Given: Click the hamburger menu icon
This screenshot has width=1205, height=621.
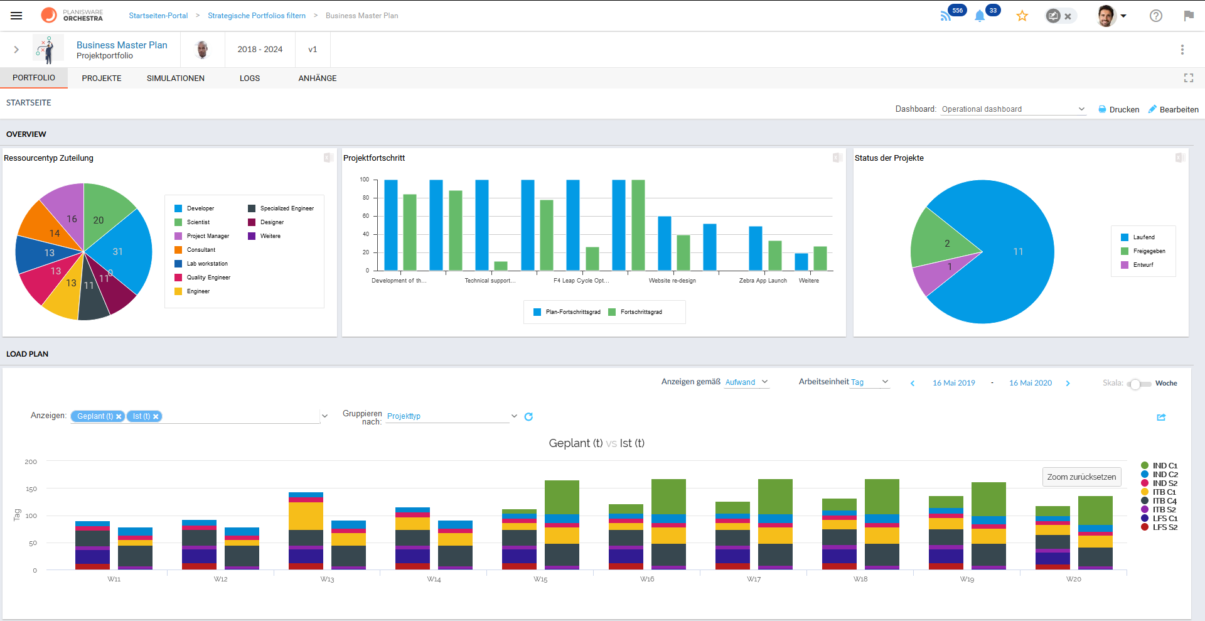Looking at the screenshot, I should [16, 16].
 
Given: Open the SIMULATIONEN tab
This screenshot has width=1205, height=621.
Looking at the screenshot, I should [175, 78].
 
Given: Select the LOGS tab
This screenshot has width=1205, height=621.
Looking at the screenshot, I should [249, 78].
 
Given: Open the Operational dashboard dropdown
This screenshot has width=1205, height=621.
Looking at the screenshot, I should [1012, 109].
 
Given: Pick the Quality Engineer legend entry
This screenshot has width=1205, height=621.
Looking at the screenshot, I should [208, 278].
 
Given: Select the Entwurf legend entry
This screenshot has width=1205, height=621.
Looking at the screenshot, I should [1143, 265].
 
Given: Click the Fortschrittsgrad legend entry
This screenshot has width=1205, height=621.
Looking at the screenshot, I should [641, 312].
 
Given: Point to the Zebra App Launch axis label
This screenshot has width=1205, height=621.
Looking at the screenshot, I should [763, 281].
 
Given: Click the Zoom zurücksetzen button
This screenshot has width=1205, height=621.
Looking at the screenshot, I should [1081, 477].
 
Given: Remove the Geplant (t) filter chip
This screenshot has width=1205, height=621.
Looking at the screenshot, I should [119, 416].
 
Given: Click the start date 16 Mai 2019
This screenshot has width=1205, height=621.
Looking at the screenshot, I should [953, 383].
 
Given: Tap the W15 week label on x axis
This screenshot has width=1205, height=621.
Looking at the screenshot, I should [540, 580].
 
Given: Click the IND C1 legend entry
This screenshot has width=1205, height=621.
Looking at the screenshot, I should [1164, 466].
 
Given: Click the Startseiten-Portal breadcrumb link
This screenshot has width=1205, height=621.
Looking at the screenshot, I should [158, 16].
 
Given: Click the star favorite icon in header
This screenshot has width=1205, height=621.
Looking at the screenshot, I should [1022, 16].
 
